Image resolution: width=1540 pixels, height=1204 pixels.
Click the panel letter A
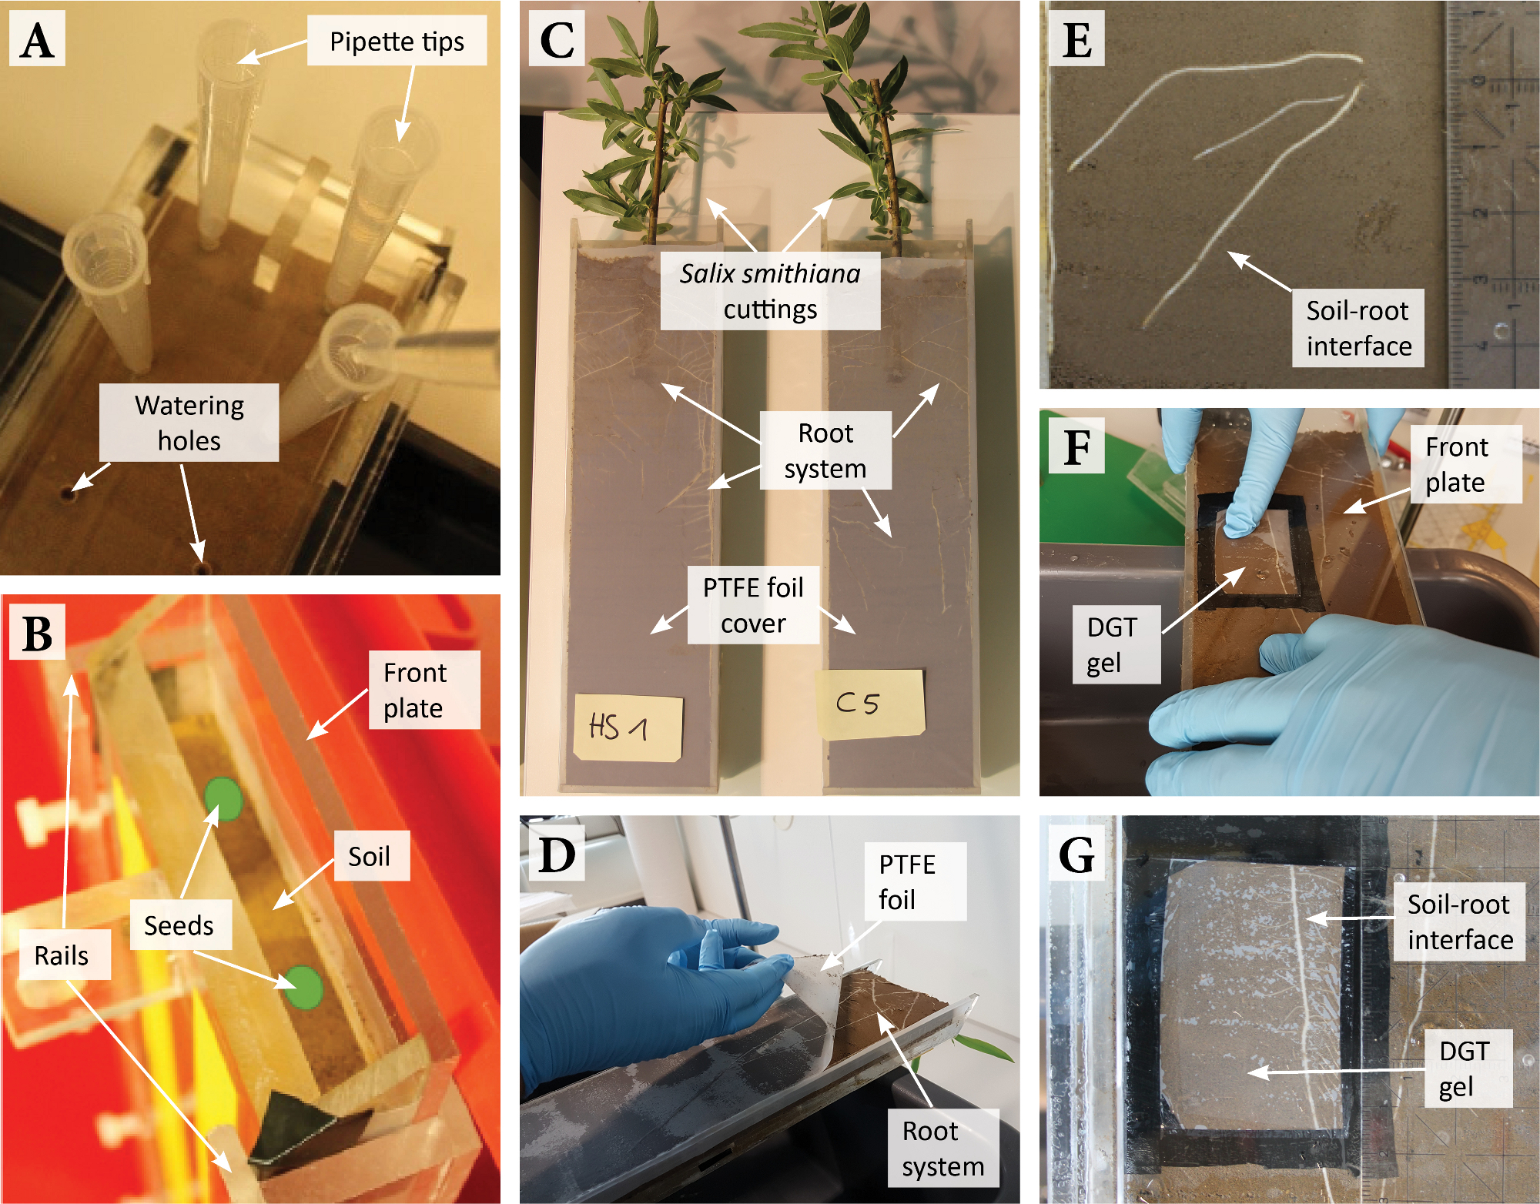37,40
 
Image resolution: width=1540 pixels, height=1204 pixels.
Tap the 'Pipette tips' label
397,42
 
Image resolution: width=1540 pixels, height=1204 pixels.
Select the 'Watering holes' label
189,423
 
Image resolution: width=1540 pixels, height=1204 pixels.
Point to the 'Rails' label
62,955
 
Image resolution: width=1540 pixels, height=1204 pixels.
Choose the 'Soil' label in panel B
369,856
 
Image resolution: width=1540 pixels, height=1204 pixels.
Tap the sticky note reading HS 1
627,727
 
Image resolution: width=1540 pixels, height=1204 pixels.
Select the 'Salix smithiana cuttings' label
770,291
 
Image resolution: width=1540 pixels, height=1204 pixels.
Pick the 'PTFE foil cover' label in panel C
753,605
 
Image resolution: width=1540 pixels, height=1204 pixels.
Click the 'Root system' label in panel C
825,450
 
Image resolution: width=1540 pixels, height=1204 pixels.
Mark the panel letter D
557,854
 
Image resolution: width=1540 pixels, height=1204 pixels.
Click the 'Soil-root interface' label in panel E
1358,328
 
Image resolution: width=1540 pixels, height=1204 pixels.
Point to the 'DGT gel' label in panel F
1113,644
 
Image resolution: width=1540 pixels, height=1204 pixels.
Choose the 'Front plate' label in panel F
1456,464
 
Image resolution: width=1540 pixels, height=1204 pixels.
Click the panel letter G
1076,854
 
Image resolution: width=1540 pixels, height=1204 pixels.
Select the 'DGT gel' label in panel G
1464,1069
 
